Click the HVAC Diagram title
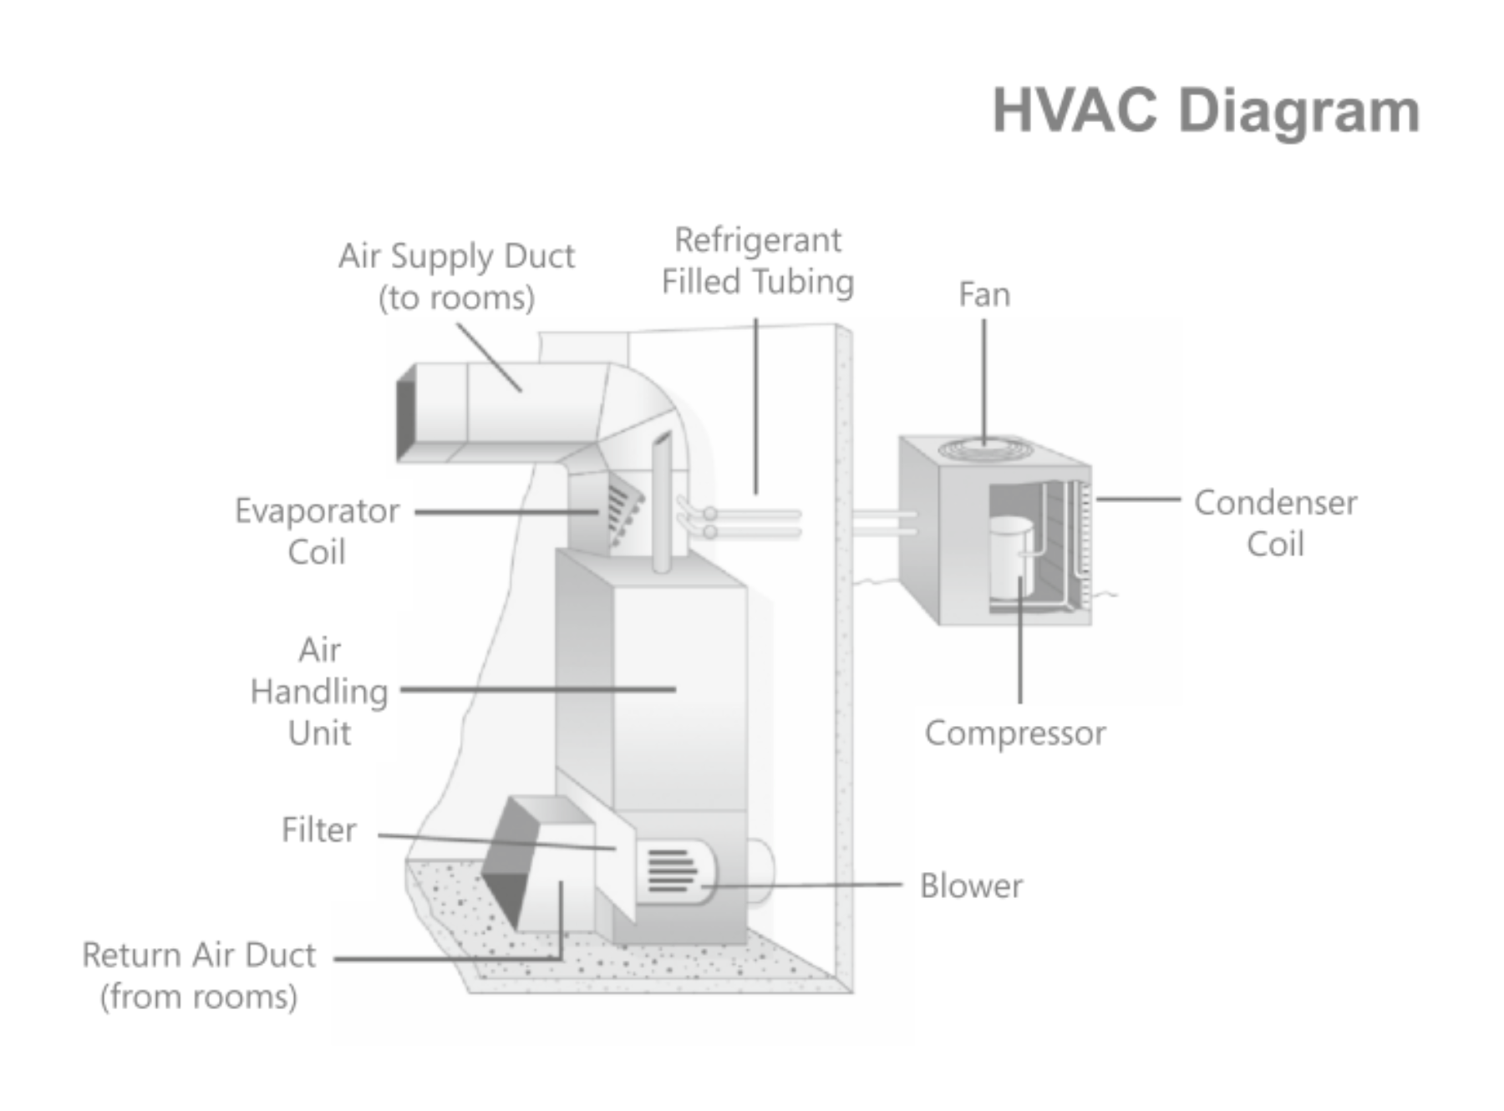click(1205, 111)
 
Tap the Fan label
click(983, 295)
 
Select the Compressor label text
click(1014, 733)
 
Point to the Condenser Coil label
click(1274, 523)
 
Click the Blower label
click(970, 886)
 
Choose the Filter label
click(318, 830)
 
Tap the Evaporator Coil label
click(317, 530)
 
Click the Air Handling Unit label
click(319, 692)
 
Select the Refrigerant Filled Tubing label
click(757, 261)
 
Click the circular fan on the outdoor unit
click(983, 449)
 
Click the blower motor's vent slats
click(672, 871)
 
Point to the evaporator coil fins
click(622, 510)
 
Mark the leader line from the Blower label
click(802, 884)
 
